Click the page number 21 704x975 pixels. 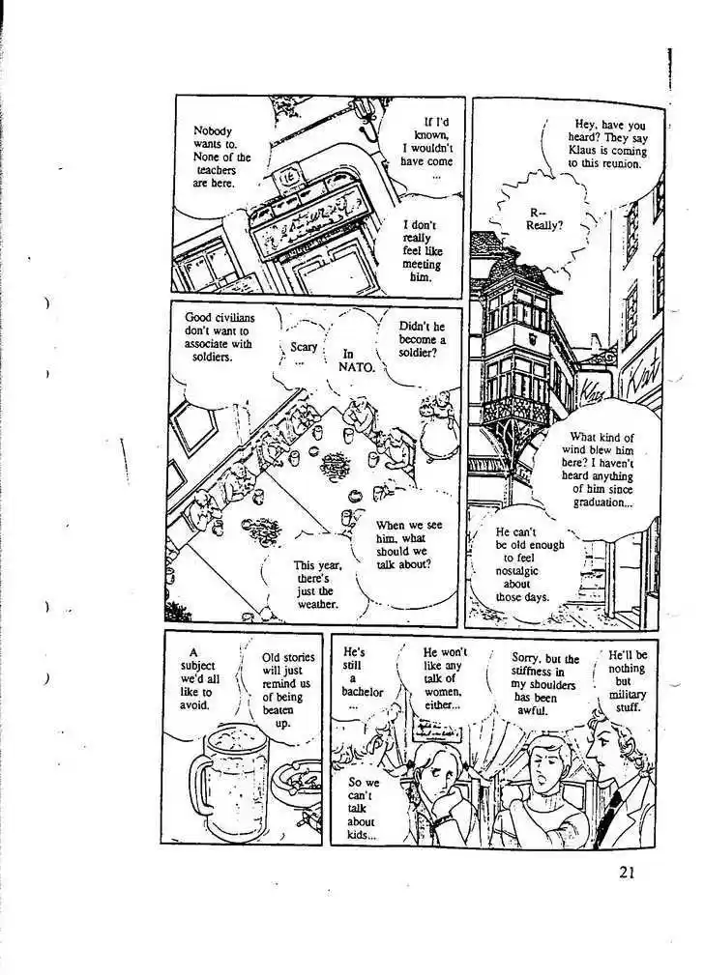(627, 873)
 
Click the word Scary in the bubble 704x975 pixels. (304, 347)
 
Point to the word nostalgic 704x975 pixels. (517, 571)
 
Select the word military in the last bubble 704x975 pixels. (627, 694)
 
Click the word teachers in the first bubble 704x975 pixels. (217, 169)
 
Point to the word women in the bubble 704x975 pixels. (442, 692)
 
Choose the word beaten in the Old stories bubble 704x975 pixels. (279, 710)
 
